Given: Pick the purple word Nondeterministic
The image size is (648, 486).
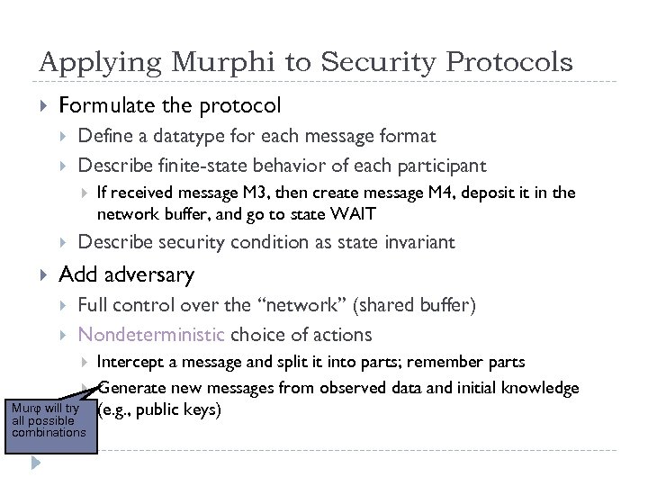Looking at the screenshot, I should (151, 335).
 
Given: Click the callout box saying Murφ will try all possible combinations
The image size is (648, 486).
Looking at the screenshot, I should (49, 420).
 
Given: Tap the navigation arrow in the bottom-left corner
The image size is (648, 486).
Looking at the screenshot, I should (33, 464).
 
